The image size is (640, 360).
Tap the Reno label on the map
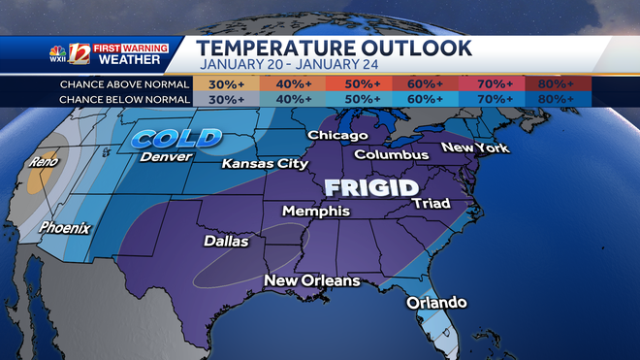(x=46, y=162)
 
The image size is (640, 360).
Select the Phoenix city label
(x=64, y=228)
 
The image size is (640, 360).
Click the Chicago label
(x=337, y=136)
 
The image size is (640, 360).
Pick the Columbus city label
(x=391, y=154)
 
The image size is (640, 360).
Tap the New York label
(x=475, y=147)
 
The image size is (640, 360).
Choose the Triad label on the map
(x=431, y=203)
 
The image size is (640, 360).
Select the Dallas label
(x=226, y=241)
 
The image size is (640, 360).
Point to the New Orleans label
(x=312, y=281)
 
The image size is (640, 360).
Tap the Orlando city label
(x=435, y=303)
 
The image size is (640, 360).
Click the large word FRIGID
(x=371, y=186)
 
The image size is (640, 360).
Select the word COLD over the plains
(x=173, y=139)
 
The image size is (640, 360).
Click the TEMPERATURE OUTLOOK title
(x=336, y=49)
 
